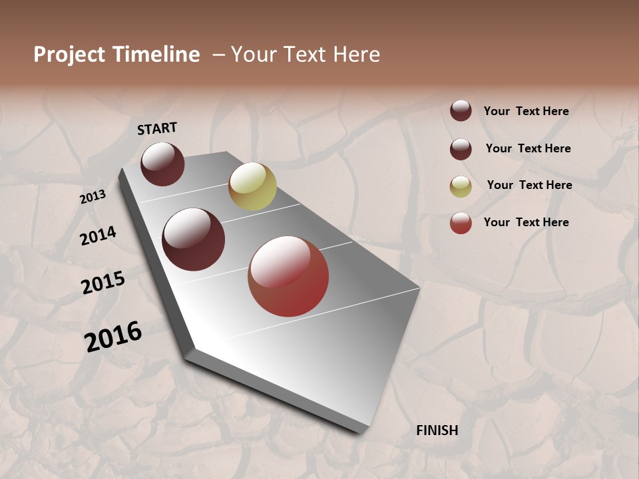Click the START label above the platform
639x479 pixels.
pos(157,128)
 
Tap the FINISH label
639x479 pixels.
pos(437,430)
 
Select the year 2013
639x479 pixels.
pos(93,197)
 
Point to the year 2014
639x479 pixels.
pos(98,236)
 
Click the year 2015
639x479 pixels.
pos(103,283)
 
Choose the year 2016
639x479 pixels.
pos(113,336)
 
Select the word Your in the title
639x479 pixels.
pos(252,55)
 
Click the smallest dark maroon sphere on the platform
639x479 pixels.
pos(162,164)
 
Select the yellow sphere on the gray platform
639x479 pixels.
pos(252,186)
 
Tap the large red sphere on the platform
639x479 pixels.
pos(288,276)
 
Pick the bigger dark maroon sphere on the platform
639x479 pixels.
pos(194,239)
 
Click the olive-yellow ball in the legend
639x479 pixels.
pos(461,186)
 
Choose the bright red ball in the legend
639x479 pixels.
pos(461,223)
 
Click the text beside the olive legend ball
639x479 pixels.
pos(529,185)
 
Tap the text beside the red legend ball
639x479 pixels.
pos(526,222)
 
